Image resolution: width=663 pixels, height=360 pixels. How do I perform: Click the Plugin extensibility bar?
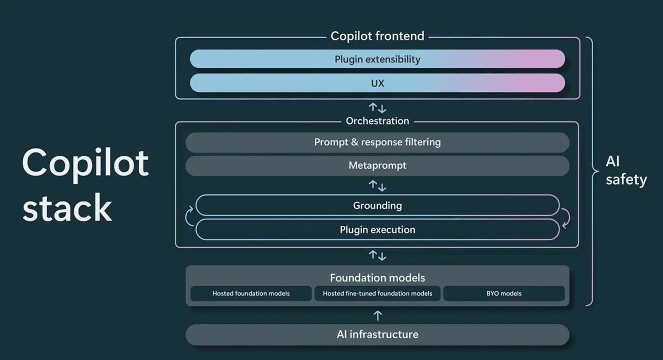(x=377, y=59)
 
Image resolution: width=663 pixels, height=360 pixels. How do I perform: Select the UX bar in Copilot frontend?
(x=377, y=83)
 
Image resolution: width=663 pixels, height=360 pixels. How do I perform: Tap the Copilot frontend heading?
(x=377, y=36)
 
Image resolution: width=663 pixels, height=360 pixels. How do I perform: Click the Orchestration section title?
(x=377, y=121)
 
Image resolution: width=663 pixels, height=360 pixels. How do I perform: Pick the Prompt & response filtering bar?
(x=377, y=142)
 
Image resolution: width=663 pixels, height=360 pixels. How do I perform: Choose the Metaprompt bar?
(x=377, y=165)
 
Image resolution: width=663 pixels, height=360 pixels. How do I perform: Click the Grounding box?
(x=377, y=205)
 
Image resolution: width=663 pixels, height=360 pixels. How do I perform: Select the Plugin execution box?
(x=377, y=229)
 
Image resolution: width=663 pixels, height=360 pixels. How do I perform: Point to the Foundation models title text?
(x=377, y=278)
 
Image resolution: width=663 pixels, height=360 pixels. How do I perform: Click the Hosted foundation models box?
(x=251, y=293)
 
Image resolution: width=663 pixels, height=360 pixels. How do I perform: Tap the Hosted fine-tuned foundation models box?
(x=377, y=293)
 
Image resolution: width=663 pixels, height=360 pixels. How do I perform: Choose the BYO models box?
(x=504, y=293)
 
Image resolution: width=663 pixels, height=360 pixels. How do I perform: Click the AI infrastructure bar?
(x=377, y=334)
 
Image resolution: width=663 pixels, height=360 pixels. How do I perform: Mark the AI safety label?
(x=625, y=171)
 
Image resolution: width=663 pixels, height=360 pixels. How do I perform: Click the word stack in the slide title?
(x=67, y=207)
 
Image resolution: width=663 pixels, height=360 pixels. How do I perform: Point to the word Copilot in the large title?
(x=85, y=163)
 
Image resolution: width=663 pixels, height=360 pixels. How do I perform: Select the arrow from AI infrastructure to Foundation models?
(x=377, y=316)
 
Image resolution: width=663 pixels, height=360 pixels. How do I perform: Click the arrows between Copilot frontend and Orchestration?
(x=377, y=108)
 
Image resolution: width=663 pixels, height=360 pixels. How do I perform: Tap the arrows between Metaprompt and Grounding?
(x=377, y=186)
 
